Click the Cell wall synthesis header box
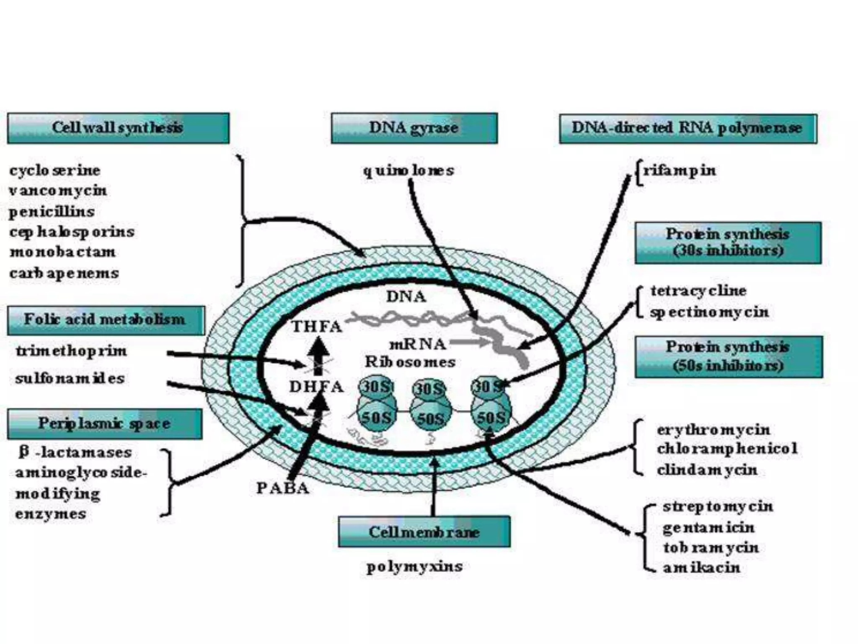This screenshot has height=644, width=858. coord(118,128)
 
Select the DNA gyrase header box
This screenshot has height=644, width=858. coord(414,128)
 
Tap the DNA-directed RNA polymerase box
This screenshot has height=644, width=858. coord(687,128)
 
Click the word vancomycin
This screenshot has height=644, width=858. coord(58,191)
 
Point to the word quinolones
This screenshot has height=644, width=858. coord(408,171)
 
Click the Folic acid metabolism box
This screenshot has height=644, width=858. coord(106,320)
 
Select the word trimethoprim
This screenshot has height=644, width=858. coord(71,351)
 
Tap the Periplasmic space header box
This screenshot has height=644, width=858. coord(104,424)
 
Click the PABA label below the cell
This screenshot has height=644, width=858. coord(283,488)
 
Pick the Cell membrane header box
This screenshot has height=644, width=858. coord(424,532)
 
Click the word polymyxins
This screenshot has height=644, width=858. coord(414,566)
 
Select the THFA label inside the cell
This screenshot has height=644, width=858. coord(317,327)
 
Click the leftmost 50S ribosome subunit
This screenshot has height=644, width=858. coord(376,417)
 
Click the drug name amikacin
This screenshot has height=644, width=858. coord(701,568)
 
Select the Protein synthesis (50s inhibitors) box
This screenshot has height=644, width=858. coord(729,357)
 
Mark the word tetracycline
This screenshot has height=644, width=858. coord(698,291)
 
